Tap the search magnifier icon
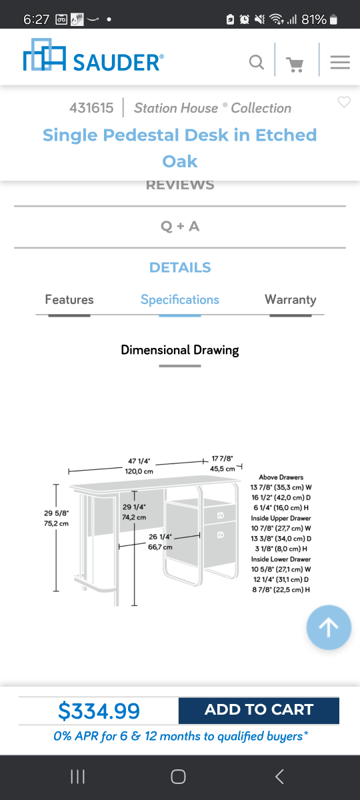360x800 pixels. (x=257, y=62)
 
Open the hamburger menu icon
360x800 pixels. (x=340, y=62)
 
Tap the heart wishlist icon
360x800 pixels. (x=344, y=102)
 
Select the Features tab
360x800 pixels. (x=69, y=299)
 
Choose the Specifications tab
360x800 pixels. (x=180, y=300)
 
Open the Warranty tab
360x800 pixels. (x=291, y=300)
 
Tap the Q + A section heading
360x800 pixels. (x=180, y=226)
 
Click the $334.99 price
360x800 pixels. (x=99, y=711)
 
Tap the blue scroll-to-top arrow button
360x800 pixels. (x=329, y=627)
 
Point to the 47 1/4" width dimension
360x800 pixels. (x=139, y=461)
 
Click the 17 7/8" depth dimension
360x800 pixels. (x=222, y=459)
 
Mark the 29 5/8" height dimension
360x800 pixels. (x=57, y=513)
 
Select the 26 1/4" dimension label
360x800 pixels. (x=161, y=537)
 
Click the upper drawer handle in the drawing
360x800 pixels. (x=221, y=515)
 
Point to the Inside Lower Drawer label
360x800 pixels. (x=281, y=559)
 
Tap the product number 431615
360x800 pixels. (x=91, y=108)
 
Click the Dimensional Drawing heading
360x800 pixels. (x=180, y=350)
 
